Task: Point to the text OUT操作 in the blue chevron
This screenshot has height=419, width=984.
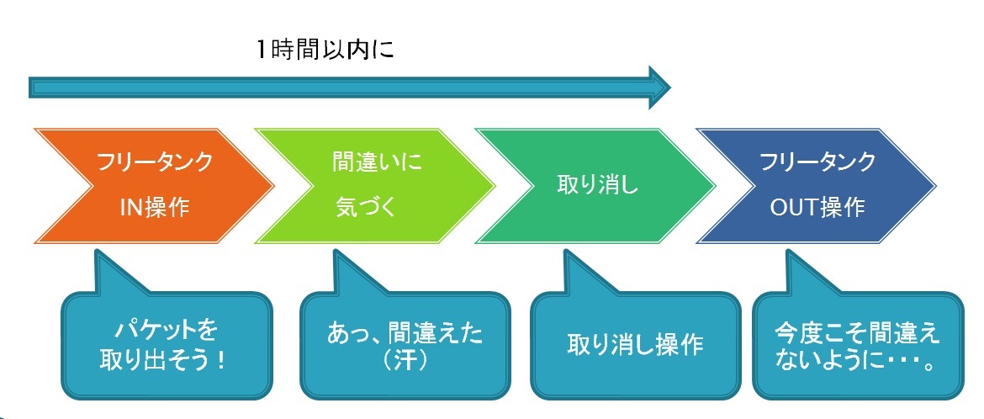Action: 817,207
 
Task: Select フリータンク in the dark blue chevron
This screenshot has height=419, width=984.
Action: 817,162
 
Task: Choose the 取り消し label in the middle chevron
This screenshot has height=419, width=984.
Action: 597,184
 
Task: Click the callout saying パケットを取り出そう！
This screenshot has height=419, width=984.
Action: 167,344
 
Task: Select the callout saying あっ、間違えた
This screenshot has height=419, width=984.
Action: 405,344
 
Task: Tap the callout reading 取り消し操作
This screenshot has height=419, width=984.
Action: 636,345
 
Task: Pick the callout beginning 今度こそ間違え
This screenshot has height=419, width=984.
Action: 856,344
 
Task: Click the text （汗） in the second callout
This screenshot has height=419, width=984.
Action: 405,362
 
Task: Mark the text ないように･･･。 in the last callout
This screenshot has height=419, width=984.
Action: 856,362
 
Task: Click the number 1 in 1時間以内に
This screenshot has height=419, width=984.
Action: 263,50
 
